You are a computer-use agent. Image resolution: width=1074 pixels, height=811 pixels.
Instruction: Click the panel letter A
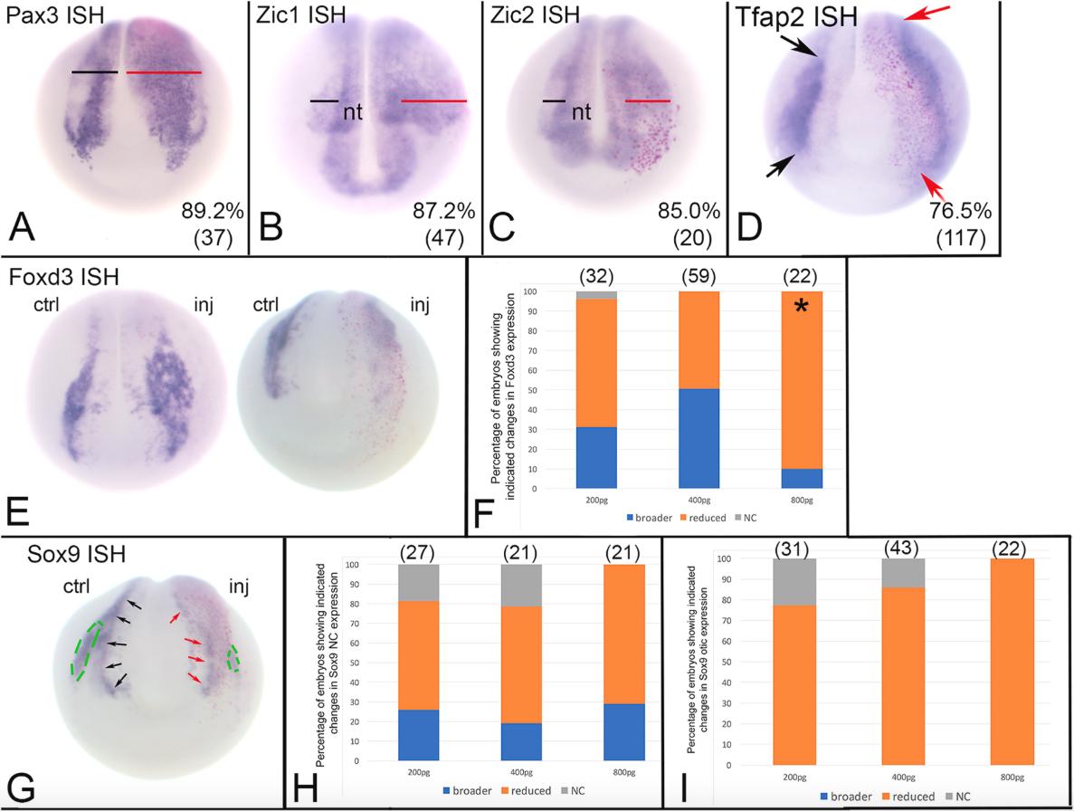coord(22,227)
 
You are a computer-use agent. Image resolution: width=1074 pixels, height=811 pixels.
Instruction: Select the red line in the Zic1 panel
coord(434,101)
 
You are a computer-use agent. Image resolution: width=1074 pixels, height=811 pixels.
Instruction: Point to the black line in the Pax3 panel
coord(95,72)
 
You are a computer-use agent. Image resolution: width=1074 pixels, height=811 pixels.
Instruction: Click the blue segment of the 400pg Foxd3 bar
coord(698,425)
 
